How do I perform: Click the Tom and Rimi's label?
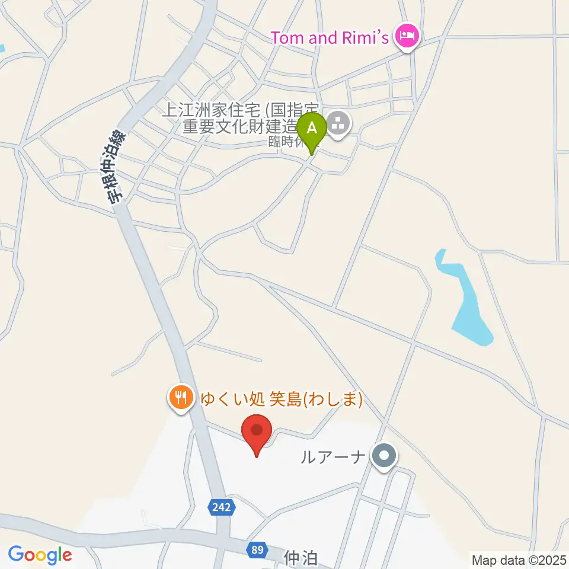pos(330,38)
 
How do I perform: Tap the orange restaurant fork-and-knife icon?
pos(180,397)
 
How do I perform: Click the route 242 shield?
pos(223,507)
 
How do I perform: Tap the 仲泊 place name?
pos(302,558)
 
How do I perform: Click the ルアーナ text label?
pos(333,457)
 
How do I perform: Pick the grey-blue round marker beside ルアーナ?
pos(384,456)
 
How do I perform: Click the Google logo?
pos(40,555)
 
